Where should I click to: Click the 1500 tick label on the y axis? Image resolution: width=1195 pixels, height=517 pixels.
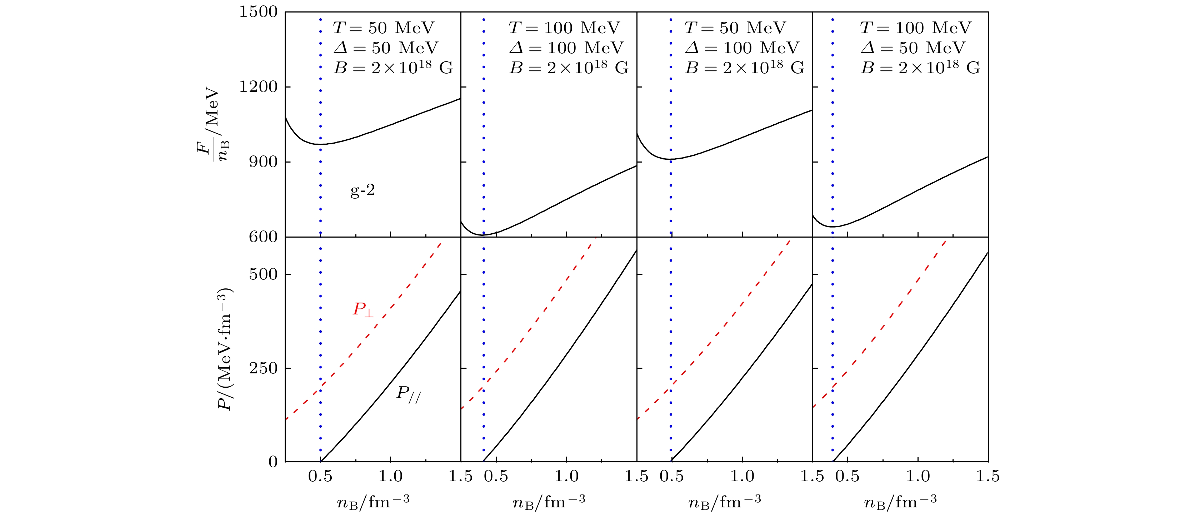pos(258,12)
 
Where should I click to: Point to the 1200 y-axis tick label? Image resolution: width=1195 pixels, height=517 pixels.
pos(258,87)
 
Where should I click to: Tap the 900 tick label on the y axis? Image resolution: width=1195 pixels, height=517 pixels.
pos(263,162)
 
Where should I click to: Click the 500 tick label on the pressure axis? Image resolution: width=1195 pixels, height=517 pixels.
pos(263,274)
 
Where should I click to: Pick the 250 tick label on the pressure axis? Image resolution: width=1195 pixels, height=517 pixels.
pos(263,368)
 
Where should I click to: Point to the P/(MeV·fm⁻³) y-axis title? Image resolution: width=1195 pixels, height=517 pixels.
pos(225,349)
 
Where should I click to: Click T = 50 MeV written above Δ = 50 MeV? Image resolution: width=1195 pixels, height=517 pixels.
pos(384,28)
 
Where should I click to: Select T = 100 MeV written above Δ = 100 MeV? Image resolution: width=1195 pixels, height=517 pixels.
pos(564,28)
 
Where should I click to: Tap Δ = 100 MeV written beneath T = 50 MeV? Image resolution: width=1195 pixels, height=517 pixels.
pos(742,48)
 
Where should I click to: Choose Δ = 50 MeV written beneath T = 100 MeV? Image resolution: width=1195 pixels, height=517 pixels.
pos(912,48)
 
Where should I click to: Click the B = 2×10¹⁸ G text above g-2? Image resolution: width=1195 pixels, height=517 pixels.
pos(393,68)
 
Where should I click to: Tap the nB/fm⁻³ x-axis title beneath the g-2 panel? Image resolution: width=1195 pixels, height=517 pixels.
pos(373,501)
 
